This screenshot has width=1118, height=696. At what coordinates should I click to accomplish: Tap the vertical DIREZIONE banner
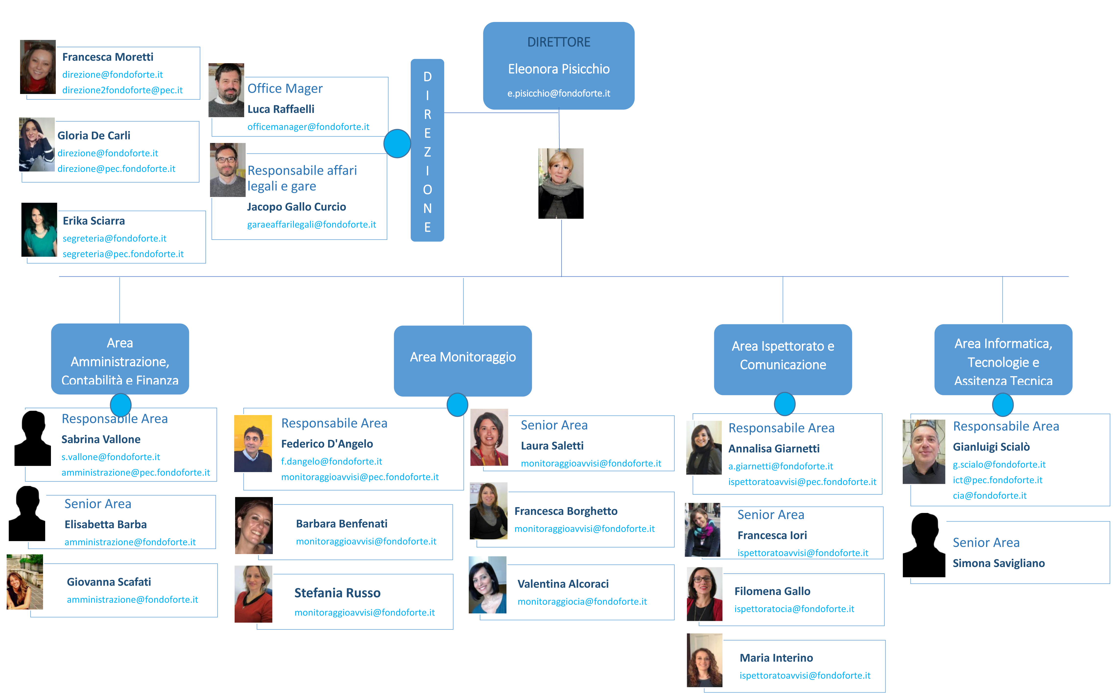(427, 150)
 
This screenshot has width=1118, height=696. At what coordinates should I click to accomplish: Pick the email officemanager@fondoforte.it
(308, 127)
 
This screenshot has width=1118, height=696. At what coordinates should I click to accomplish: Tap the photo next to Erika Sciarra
(39, 230)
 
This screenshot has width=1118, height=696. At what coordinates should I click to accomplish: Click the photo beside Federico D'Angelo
(253, 443)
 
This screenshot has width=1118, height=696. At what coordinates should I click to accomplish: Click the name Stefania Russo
(337, 593)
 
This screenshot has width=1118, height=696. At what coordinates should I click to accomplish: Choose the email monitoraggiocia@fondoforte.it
(582, 602)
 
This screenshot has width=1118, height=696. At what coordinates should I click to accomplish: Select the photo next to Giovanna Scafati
(25, 582)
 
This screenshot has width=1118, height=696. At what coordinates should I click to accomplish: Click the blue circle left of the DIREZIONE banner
(397, 144)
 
